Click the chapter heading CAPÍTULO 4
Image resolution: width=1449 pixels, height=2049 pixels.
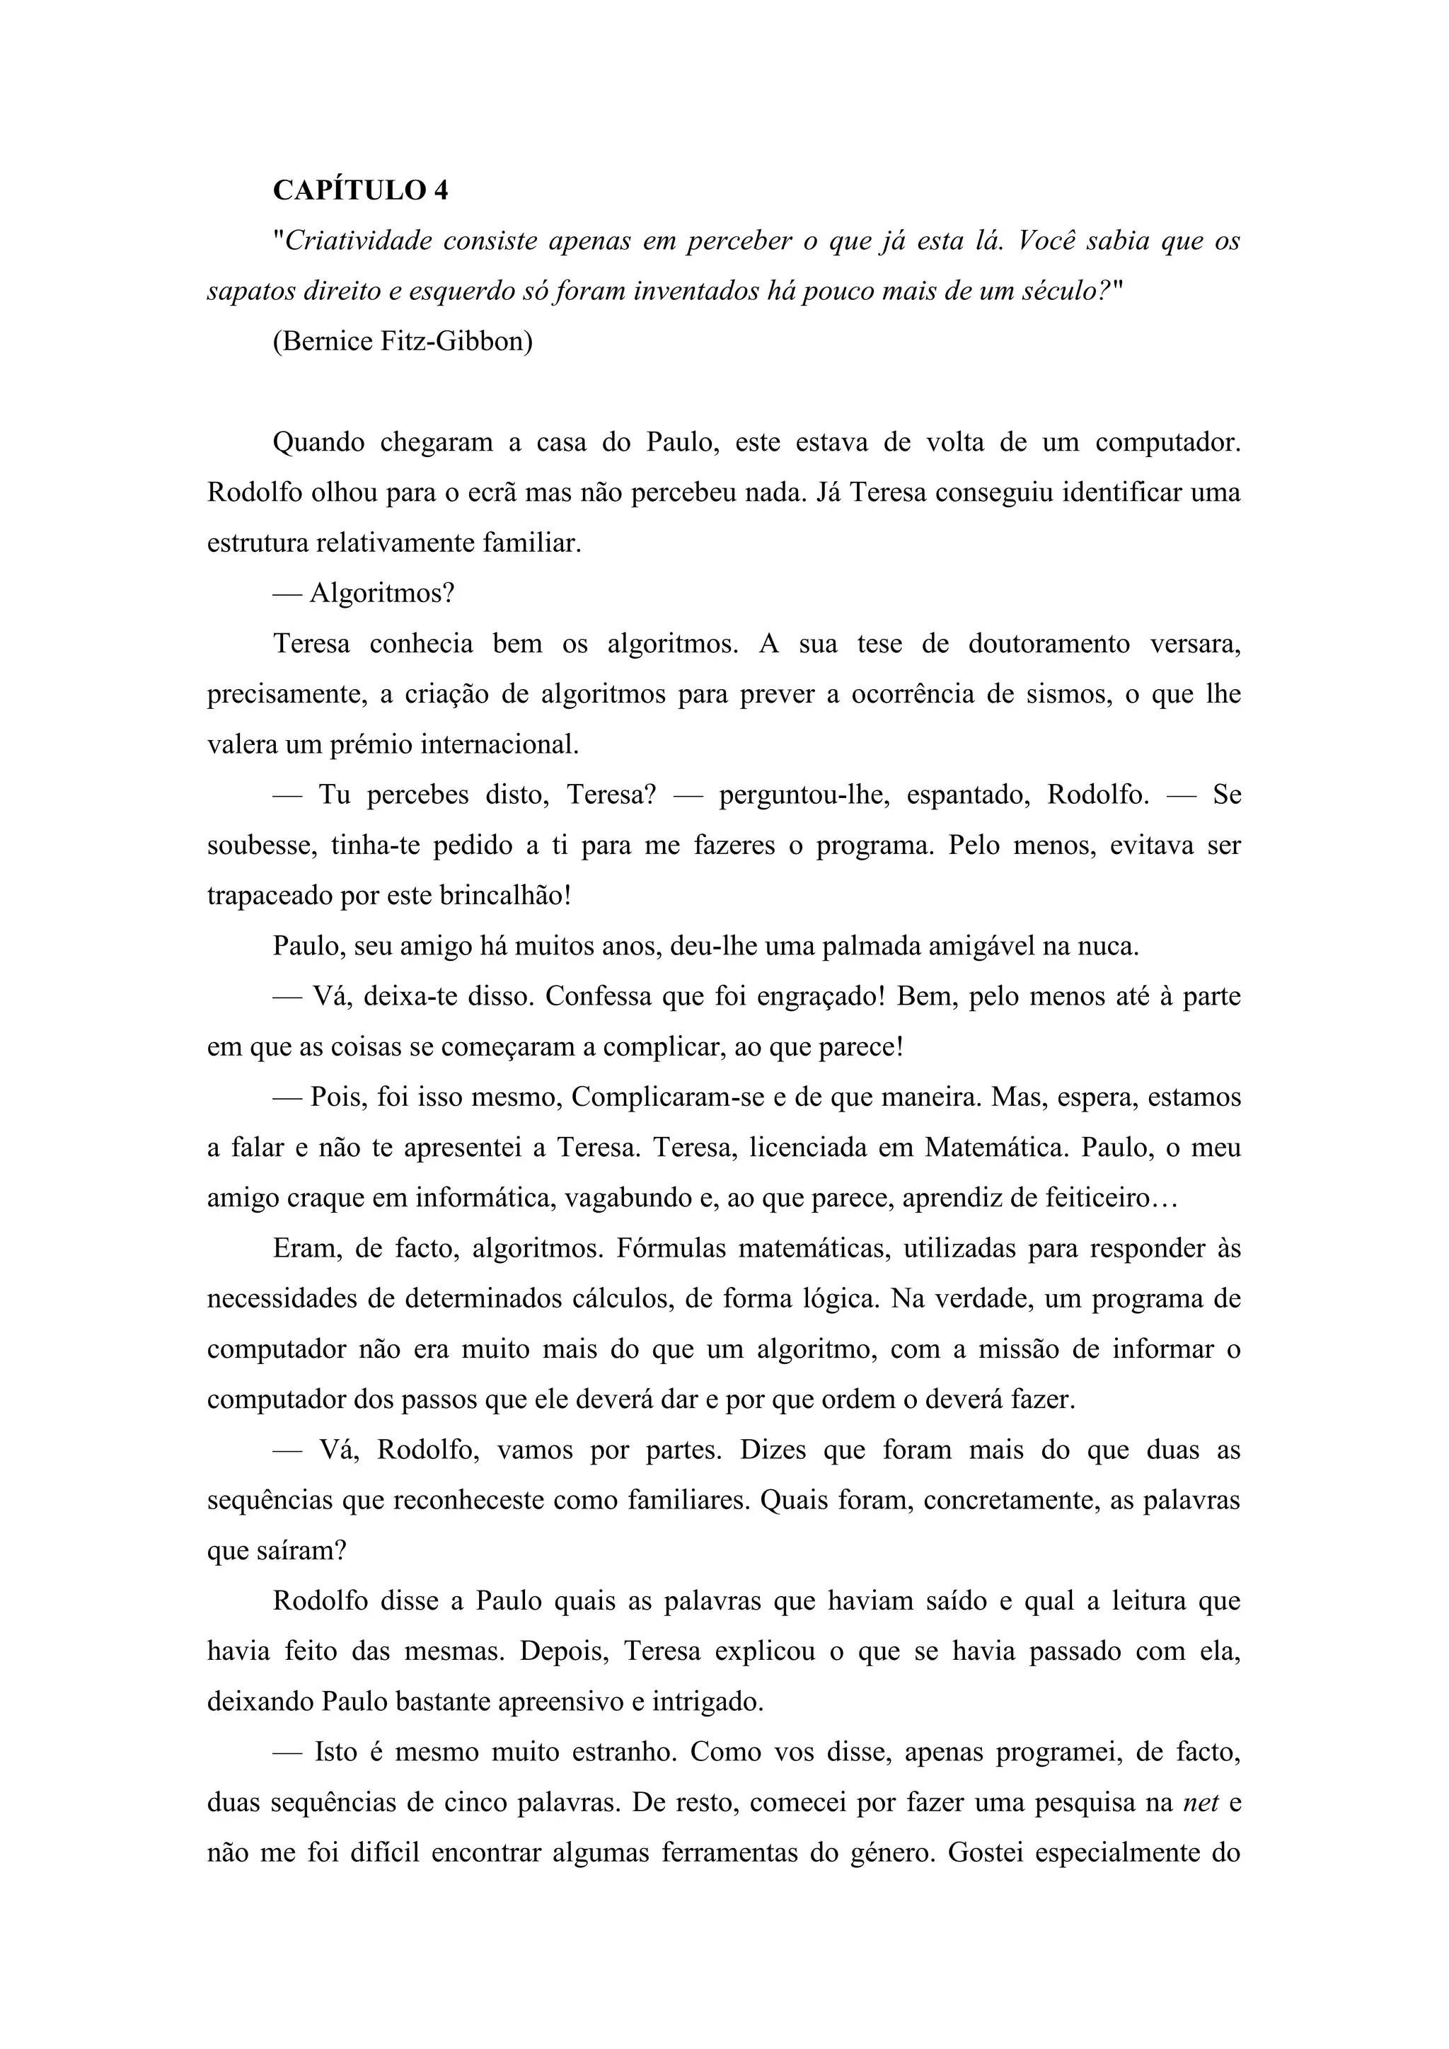click(360, 190)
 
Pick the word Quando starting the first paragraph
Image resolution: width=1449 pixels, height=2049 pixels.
click(318, 443)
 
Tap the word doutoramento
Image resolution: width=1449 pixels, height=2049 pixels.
click(1049, 643)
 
